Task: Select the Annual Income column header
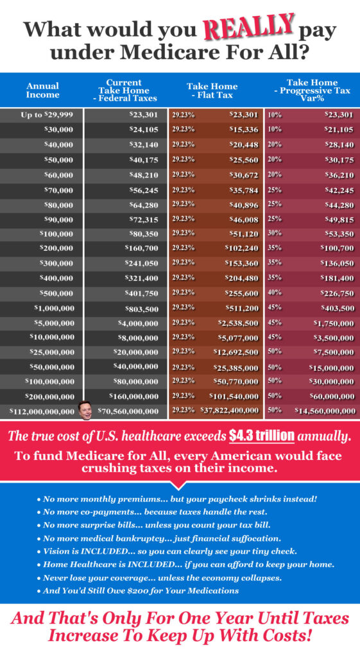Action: [42, 90]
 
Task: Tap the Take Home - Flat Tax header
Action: [212, 90]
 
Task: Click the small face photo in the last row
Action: [85, 411]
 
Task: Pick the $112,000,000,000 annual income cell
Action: [42, 411]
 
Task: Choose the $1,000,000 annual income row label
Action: [55, 309]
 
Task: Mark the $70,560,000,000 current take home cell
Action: [128, 411]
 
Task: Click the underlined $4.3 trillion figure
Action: [262, 436]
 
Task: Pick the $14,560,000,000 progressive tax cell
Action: [325, 411]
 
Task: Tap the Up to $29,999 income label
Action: [47, 115]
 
